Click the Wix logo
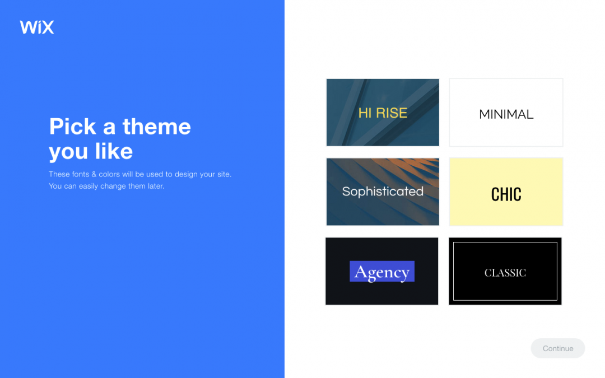(37, 27)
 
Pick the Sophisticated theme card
(383, 210)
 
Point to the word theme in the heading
(156, 127)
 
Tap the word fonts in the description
(80, 174)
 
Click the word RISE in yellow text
(392, 113)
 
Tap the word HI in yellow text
(365, 113)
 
